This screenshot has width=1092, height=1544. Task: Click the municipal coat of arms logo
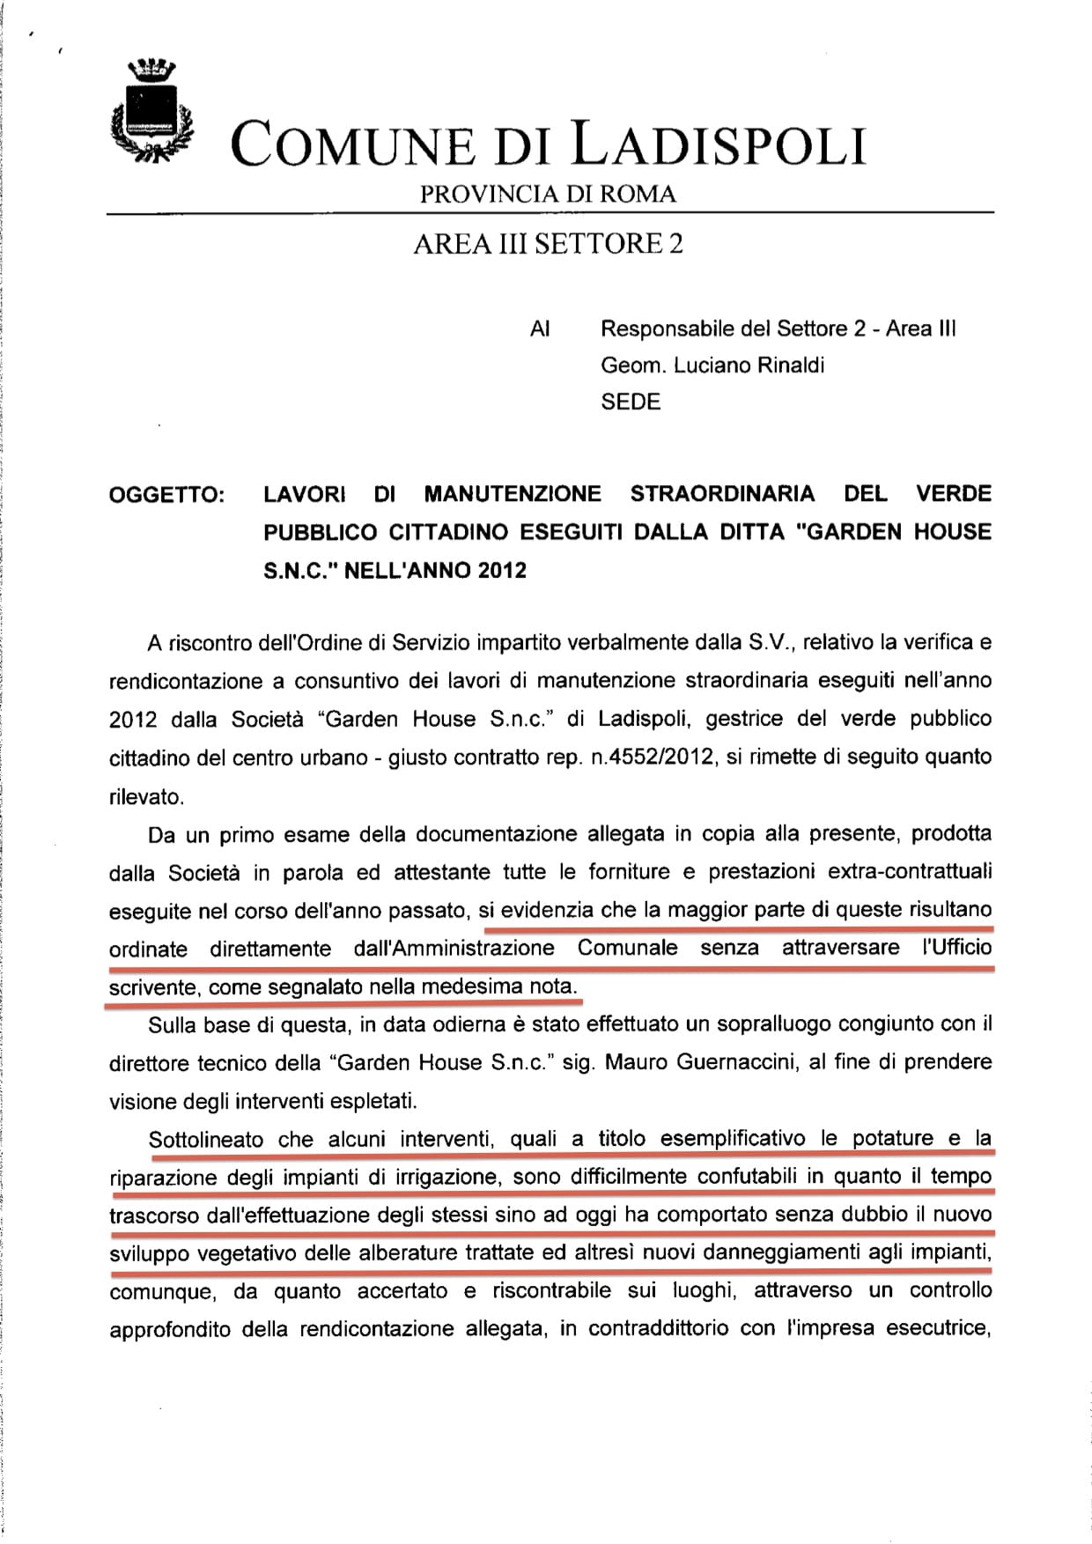pos(150,112)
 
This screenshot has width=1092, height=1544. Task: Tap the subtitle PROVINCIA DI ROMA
pos(548,195)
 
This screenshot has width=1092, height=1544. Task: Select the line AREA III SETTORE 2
pos(548,243)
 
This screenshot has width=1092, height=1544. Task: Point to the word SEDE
pos(631,403)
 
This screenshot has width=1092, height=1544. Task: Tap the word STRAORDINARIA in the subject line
pos(723,493)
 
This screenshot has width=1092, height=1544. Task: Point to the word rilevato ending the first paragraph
pos(146,797)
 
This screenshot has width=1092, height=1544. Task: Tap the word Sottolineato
pos(206,1139)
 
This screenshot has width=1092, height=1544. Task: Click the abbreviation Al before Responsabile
pos(540,329)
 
